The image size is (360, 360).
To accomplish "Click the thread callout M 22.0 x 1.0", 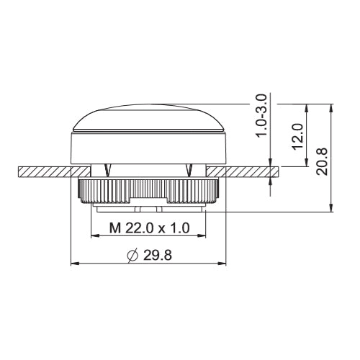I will pos(149,228).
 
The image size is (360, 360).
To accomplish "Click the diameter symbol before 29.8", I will pos(131,255).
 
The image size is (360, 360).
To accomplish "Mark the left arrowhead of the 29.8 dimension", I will pos(74,264).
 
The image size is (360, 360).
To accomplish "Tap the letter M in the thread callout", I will pos(114,228).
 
